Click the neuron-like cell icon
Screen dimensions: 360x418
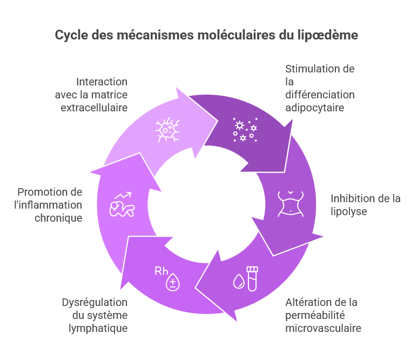[x=168, y=130]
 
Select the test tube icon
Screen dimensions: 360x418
[x=252, y=278]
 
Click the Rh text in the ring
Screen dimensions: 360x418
[x=161, y=271]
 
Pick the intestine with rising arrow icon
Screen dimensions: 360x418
[x=122, y=204]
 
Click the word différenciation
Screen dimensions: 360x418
[x=320, y=95]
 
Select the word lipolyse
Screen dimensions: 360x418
[x=349, y=211]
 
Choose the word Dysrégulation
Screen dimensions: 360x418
[x=95, y=302]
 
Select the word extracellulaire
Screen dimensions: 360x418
[x=94, y=107]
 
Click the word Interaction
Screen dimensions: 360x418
[x=102, y=82]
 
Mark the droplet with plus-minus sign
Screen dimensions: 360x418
[x=173, y=282]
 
